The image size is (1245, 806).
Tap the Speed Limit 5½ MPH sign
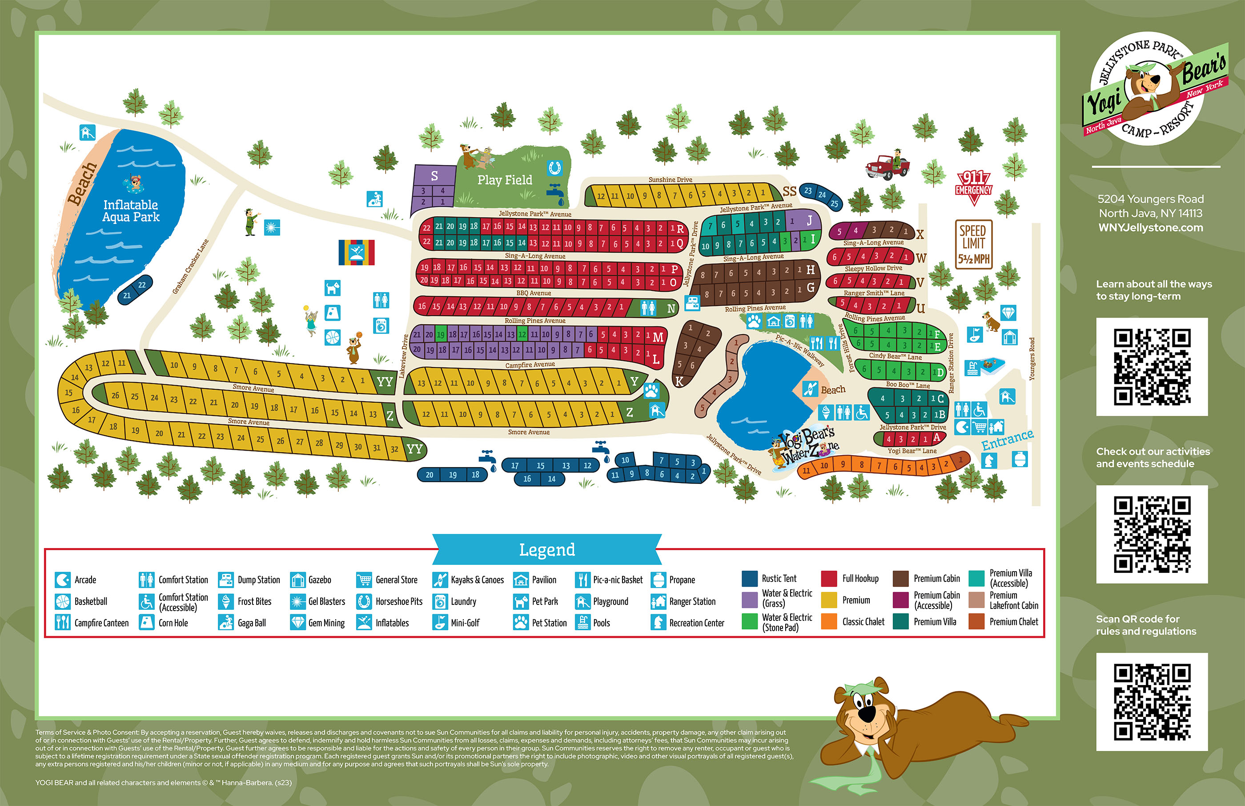coord(973,244)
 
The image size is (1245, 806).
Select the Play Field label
coord(504,180)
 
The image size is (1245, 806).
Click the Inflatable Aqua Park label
coord(131,211)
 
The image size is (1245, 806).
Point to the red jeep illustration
coord(887,165)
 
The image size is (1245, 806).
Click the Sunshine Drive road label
coord(670,180)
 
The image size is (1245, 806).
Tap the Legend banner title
coord(546,549)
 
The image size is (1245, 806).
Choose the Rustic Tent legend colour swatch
coord(750,578)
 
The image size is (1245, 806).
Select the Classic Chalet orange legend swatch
coord(829,621)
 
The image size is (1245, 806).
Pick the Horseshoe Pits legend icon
coord(364,601)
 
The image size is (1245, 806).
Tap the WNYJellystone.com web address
coord(1150,228)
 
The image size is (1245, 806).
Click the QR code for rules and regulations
coord(1151,701)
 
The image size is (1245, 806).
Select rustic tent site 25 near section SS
coord(834,204)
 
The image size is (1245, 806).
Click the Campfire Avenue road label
coord(530,365)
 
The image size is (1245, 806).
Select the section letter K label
coord(679,382)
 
